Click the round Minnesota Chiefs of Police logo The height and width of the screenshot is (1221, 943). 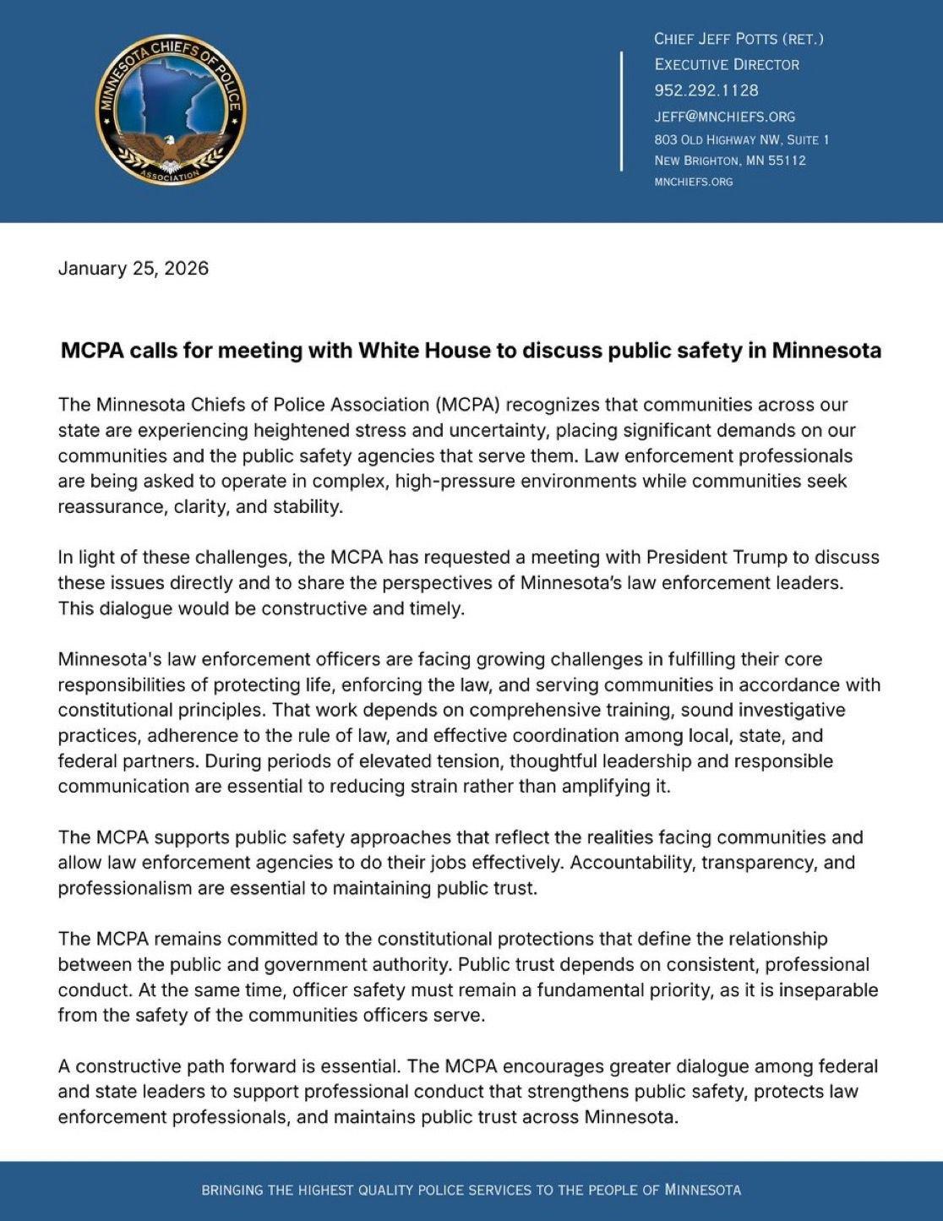[x=172, y=111]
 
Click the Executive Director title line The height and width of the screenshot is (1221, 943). [x=727, y=64]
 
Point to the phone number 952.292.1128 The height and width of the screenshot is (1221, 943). [x=706, y=90]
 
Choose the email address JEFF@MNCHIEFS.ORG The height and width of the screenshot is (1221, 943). [x=725, y=117]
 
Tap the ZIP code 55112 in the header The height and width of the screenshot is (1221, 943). [x=788, y=161]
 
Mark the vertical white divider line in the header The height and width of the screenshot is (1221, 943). [x=622, y=111]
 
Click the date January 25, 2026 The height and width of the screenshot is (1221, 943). [x=133, y=269]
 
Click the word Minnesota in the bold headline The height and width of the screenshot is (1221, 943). [x=826, y=351]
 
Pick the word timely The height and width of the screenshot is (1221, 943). [x=436, y=608]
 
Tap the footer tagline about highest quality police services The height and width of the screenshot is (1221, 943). [x=471, y=1191]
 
